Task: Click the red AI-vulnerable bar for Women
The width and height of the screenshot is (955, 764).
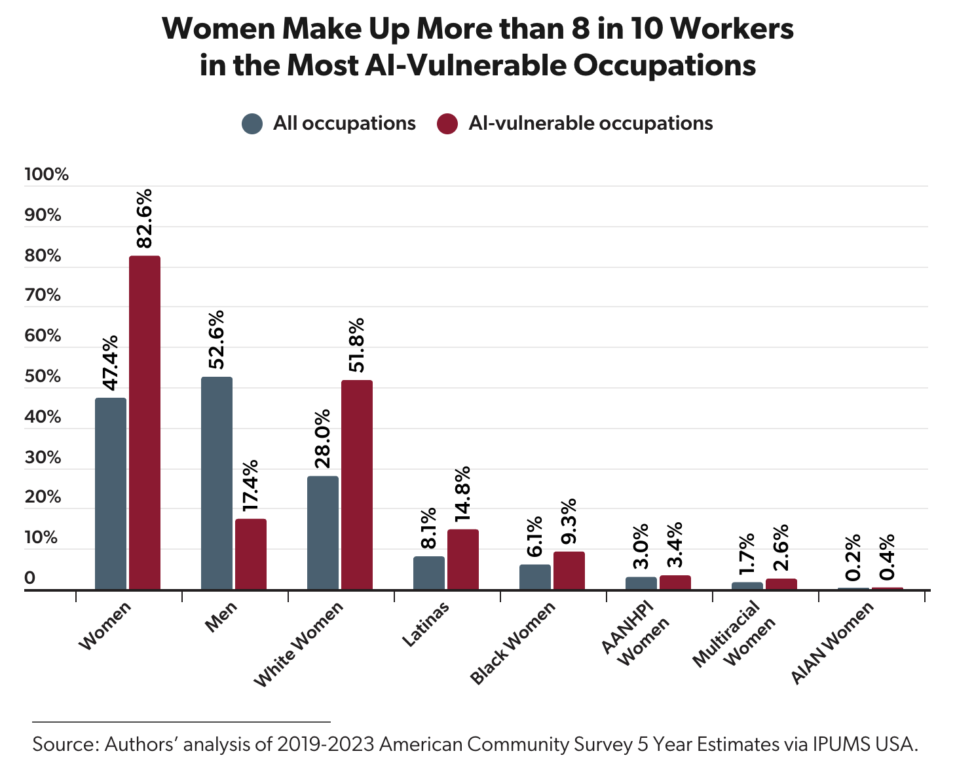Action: (x=144, y=423)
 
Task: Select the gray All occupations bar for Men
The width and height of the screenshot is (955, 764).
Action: (x=216, y=483)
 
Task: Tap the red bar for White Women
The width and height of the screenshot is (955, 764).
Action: (x=356, y=485)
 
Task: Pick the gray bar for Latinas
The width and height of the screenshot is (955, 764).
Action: (x=428, y=573)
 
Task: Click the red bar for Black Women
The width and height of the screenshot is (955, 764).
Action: (x=569, y=570)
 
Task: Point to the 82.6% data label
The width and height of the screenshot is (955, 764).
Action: (x=143, y=218)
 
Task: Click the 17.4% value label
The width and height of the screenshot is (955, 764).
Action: (x=250, y=485)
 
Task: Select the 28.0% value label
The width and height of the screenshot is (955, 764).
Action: (x=322, y=439)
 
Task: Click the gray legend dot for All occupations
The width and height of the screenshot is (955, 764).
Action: (x=252, y=124)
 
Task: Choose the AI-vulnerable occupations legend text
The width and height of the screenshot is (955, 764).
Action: (x=590, y=124)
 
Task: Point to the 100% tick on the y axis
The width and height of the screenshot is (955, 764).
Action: (x=47, y=175)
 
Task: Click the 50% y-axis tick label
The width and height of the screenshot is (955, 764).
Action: (x=43, y=377)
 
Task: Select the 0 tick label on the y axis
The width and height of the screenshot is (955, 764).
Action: (x=30, y=579)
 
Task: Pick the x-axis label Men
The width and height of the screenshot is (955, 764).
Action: (x=221, y=617)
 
